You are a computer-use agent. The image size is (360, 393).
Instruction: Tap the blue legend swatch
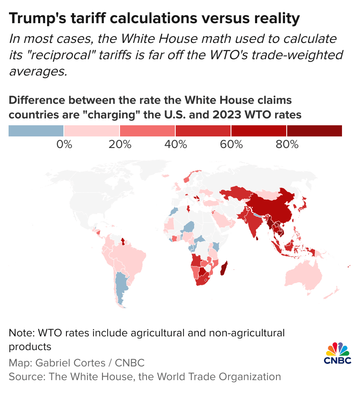[36, 130]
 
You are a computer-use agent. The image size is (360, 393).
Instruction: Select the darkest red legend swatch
[314, 130]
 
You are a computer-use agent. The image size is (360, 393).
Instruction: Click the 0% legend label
[64, 145]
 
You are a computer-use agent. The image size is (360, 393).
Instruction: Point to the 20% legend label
[120, 145]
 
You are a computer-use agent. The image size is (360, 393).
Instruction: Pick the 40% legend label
[175, 145]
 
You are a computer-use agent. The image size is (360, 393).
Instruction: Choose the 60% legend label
[231, 145]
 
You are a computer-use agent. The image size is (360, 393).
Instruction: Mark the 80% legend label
[287, 145]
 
